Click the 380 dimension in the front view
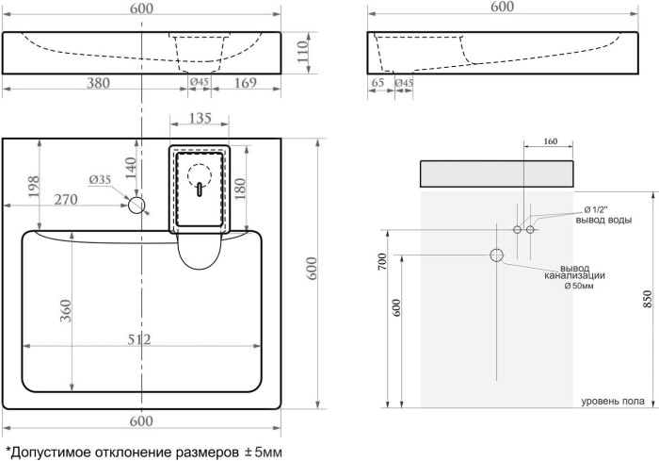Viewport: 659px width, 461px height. (x=98, y=84)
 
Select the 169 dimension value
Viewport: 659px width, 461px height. (x=244, y=84)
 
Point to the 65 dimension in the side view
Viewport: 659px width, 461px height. (x=378, y=84)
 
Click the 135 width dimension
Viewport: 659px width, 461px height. (x=201, y=119)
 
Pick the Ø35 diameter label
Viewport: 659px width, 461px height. (x=100, y=180)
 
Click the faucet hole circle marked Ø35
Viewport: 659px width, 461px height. (x=137, y=205)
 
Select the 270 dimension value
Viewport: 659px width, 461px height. (x=65, y=200)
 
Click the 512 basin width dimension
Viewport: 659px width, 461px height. (x=140, y=341)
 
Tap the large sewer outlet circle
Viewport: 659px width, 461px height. (x=496, y=255)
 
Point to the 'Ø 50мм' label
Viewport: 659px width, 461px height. (x=579, y=286)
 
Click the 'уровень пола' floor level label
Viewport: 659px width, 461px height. (x=612, y=402)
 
